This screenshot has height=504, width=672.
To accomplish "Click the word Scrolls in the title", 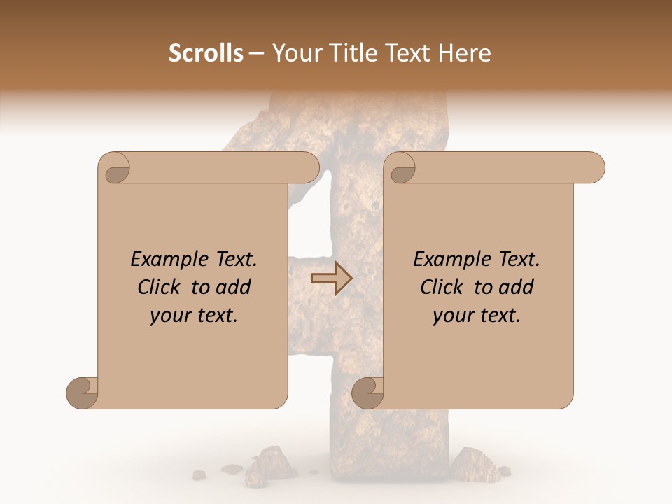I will pyautogui.click(x=206, y=53).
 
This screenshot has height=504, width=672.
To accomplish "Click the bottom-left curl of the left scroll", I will pyautogui.click(x=83, y=392).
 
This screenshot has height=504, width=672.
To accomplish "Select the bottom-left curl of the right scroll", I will pyautogui.click(x=367, y=392).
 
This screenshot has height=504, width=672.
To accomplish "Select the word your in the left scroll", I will pyautogui.click(x=169, y=316).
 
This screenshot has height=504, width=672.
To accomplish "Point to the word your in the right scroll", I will pyautogui.click(x=452, y=316).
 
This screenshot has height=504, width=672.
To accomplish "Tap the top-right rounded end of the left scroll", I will pyautogui.click(x=308, y=168).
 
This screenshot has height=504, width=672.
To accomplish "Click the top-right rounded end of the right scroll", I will pyautogui.click(x=594, y=168).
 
